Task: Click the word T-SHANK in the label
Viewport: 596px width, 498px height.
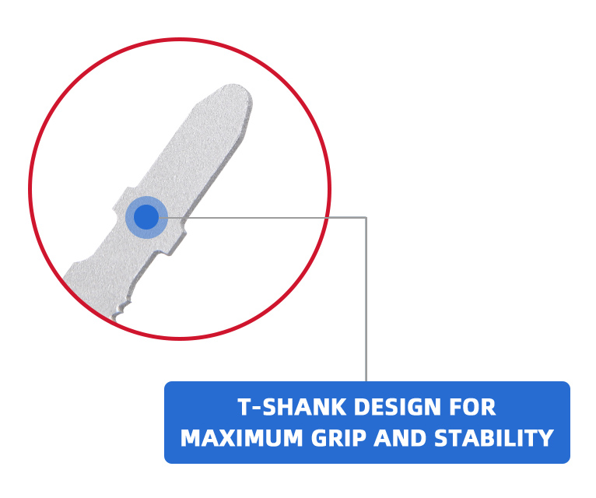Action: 292,407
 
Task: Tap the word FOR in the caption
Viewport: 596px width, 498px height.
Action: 472,407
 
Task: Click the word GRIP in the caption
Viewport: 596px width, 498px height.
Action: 338,438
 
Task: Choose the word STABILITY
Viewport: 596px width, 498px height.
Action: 494,438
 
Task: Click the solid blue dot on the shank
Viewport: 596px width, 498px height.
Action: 146,217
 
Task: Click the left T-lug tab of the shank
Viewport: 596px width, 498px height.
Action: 121,199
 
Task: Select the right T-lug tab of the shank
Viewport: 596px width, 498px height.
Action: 176,240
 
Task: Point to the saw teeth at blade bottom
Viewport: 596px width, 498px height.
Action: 122,310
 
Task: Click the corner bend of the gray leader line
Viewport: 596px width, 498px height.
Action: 366,217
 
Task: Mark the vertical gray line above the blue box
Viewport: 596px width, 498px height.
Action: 366,299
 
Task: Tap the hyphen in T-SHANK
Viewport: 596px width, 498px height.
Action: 256,408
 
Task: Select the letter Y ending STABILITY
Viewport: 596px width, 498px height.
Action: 545,438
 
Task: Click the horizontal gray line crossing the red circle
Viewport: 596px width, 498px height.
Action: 263,217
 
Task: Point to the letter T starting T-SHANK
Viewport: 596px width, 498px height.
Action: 244,407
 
